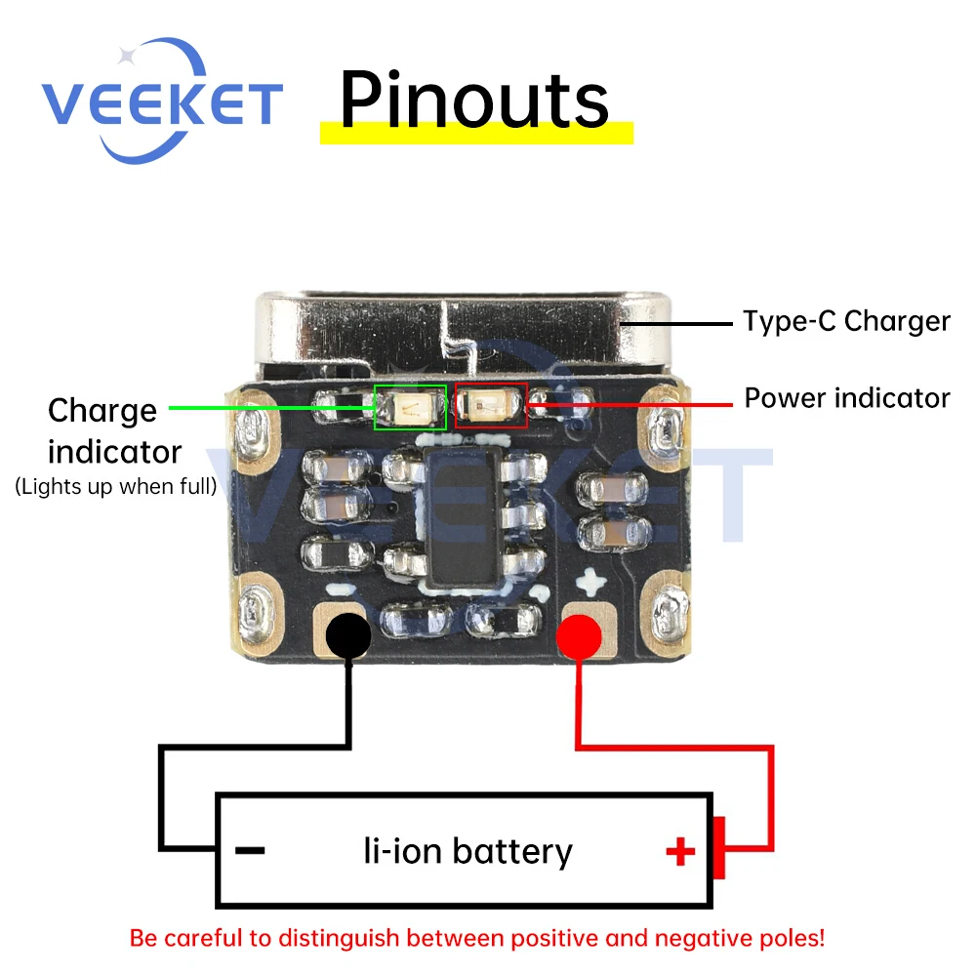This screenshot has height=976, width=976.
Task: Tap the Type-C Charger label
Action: click(846, 321)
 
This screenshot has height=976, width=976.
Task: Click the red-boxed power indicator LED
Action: click(491, 405)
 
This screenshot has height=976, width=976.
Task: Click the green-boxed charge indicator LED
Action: click(411, 407)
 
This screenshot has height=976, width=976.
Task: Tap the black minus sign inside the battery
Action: click(251, 851)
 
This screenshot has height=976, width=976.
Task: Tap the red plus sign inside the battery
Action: click(680, 852)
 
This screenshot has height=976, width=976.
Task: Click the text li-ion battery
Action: click(468, 851)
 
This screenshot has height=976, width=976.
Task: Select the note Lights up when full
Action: click(116, 486)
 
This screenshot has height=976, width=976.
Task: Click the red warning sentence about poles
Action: click(477, 939)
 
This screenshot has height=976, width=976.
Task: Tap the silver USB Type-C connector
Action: click(449, 332)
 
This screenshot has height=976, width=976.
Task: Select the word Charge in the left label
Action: click(102, 411)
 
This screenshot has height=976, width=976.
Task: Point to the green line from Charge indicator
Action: click(272, 406)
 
